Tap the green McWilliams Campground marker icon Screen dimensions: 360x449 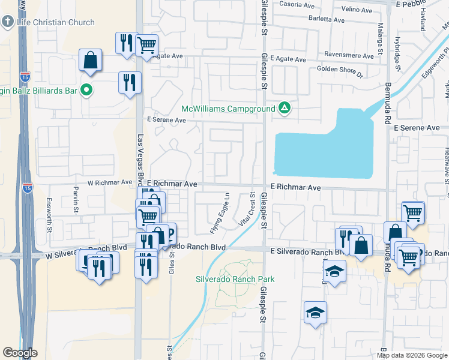pos(285,109)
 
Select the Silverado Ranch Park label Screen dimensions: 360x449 pos(235,279)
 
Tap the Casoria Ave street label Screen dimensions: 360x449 pos(297,5)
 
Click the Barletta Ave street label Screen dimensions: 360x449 pos(327,20)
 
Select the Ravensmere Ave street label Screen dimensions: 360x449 pos(349,55)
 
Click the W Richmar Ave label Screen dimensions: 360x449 pos(109,182)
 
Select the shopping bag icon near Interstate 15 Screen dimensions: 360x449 pos(90,61)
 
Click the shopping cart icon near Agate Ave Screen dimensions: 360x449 pos(146,44)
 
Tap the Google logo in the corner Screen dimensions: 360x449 pos(20,353)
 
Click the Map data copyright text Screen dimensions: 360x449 pos(412,355)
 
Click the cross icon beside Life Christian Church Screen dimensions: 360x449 pos(8,23)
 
